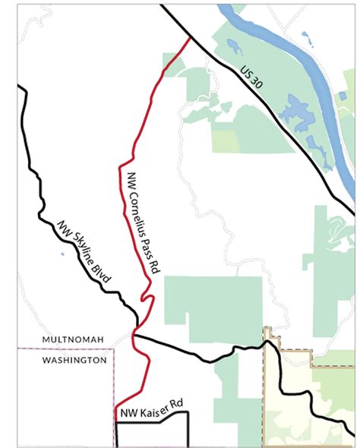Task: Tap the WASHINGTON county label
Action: coord(74,360)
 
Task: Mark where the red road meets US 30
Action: coord(188,37)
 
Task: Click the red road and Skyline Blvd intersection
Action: coord(135,332)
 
